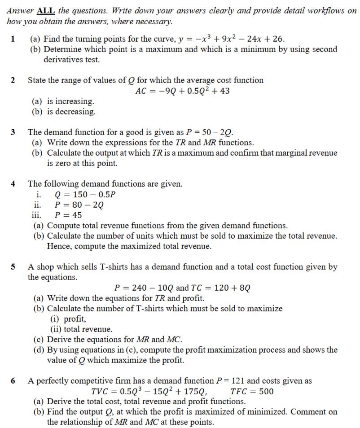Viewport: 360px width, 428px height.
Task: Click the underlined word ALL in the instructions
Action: click(45, 11)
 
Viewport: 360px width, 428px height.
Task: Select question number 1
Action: click(13, 39)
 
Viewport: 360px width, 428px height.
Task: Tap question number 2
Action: click(13, 80)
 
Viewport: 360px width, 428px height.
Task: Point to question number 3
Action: click(13, 132)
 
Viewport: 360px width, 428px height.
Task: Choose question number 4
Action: click(13, 184)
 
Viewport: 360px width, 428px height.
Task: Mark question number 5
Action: click(13, 267)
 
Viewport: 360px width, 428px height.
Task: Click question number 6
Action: click(13, 381)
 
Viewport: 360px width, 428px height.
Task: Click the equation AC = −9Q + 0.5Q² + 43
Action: click(182, 91)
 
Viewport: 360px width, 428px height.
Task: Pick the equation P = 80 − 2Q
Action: click(79, 205)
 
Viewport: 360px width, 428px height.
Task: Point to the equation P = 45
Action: click(68, 215)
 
